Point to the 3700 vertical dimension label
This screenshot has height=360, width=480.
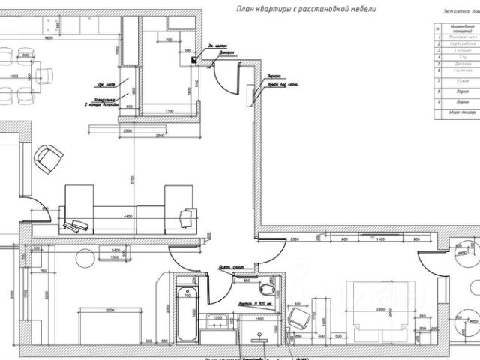pyautogui.click(x=133, y=179)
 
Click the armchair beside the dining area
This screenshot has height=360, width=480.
pyautogui.click(x=50, y=156)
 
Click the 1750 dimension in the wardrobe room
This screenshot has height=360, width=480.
pyautogui.click(x=169, y=110)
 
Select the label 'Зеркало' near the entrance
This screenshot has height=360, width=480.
pyautogui.click(x=273, y=76)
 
